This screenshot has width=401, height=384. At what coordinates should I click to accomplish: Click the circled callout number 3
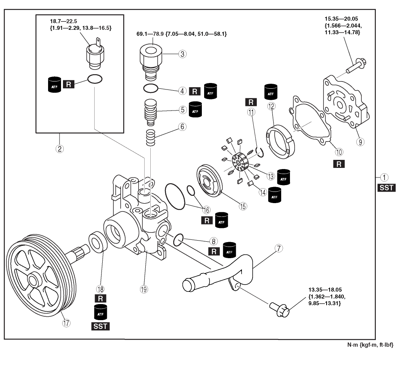pos(183,54)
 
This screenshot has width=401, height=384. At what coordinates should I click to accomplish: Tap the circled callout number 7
pos(279,249)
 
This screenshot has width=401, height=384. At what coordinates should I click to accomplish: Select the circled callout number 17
pos(66,323)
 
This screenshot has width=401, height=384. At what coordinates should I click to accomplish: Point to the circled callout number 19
pos(143,289)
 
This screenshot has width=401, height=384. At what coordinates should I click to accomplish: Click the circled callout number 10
pos(339,152)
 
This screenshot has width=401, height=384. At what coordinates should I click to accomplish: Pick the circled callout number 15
pos(243,206)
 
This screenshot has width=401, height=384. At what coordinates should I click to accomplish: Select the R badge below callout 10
pos(338,164)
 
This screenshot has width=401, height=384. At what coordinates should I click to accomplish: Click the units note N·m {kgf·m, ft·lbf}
pos(369,345)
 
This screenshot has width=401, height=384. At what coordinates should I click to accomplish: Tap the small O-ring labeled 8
pos(179,241)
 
